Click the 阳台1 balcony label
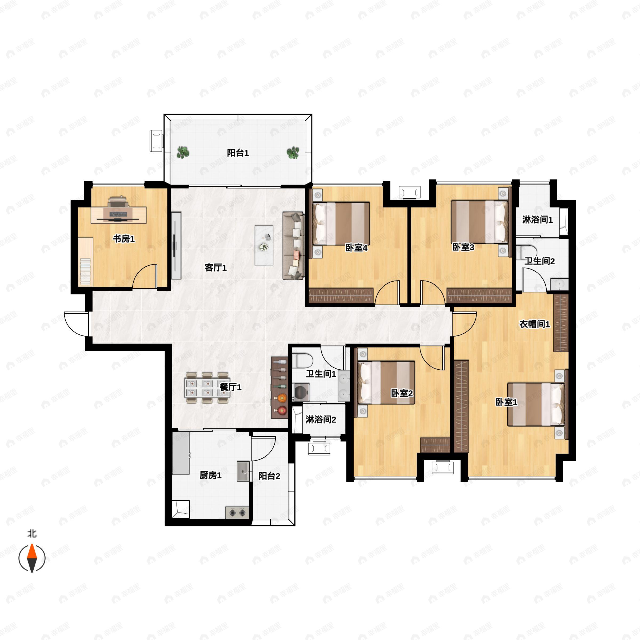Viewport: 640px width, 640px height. [x=238, y=153]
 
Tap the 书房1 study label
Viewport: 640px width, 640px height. [x=124, y=238]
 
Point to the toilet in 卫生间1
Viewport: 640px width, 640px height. [x=302, y=361]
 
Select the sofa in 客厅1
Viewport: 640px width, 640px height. [x=293, y=246]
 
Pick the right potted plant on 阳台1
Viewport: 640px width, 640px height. [x=293, y=153]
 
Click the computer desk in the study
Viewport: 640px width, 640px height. [x=119, y=215]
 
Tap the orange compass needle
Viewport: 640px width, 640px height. [x=32, y=558]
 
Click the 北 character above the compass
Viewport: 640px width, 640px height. [x=32, y=534]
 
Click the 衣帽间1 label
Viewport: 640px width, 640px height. [x=534, y=324]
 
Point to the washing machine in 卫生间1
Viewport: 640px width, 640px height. [x=301, y=393]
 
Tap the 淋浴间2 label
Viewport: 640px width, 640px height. [x=321, y=420]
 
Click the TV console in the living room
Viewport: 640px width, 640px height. [x=176, y=245]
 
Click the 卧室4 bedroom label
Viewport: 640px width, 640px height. [x=357, y=248]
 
